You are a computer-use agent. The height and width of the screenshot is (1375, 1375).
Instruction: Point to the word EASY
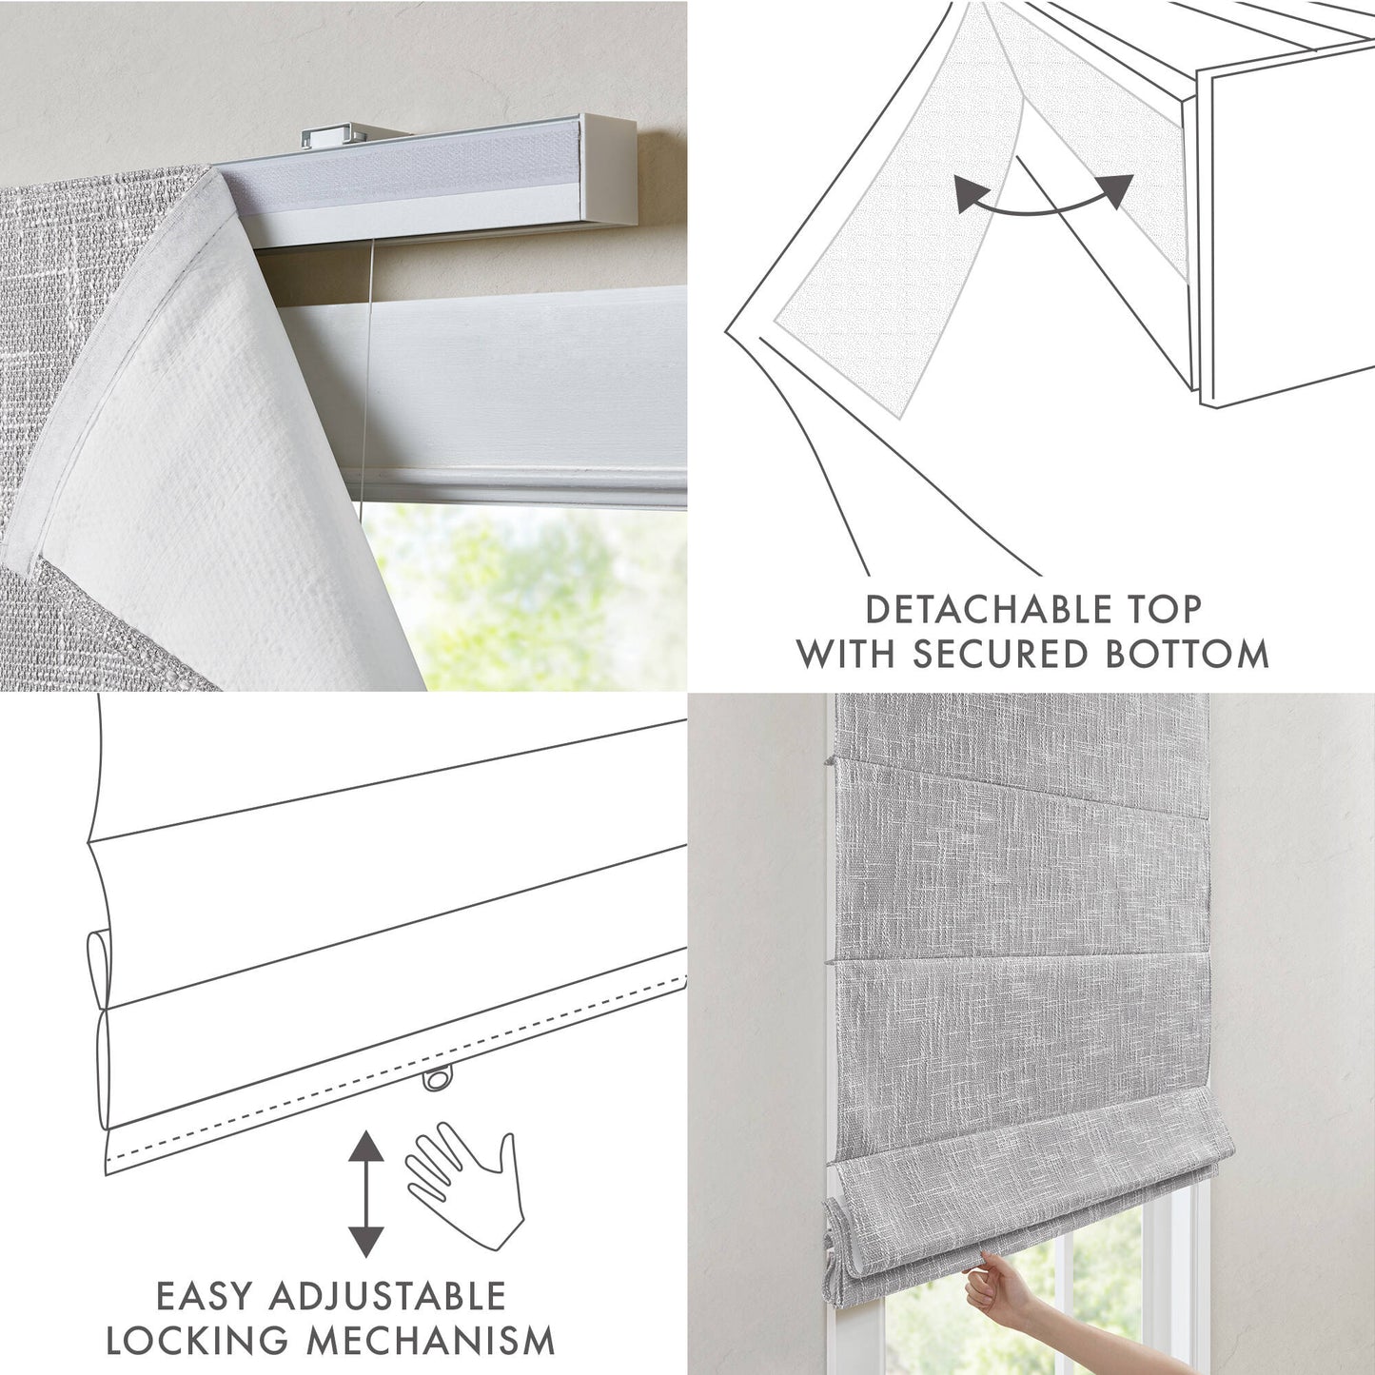205,1296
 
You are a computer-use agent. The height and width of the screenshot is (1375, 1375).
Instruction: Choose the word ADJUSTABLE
387,1296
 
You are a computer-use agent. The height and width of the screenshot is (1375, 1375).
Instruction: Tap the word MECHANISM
431,1341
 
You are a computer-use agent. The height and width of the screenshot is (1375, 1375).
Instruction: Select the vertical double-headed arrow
365,1193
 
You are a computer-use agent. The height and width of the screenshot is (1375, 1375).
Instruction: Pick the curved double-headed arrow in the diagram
1044,197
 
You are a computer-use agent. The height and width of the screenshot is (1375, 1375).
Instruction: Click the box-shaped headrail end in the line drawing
1285,228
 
